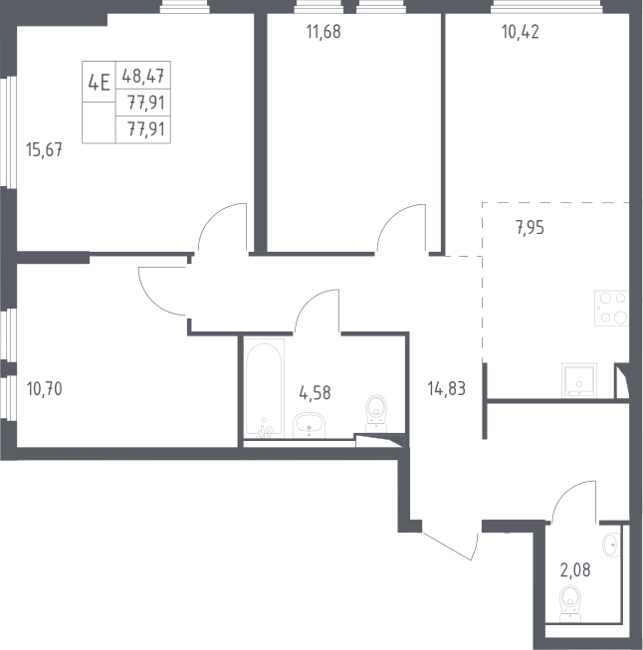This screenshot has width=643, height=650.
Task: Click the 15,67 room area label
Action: (x=44, y=149)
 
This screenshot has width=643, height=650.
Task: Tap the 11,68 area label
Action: (x=323, y=32)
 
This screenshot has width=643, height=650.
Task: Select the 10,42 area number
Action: (x=521, y=32)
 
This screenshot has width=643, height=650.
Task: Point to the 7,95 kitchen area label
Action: (x=530, y=228)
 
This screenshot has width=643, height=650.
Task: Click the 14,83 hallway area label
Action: (x=446, y=389)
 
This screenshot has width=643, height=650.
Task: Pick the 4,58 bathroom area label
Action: (x=315, y=393)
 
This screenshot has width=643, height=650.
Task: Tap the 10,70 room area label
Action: (x=44, y=389)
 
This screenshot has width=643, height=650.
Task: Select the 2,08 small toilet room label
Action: (x=575, y=570)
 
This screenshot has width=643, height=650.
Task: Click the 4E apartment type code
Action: (x=99, y=82)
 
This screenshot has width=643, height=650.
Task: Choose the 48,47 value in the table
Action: (x=143, y=77)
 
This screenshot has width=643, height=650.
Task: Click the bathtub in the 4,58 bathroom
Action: (x=264, y=388)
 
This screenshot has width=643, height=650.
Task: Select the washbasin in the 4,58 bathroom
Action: (x=309, y=425)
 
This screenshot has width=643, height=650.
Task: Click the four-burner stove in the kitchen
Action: (x=612, y=309)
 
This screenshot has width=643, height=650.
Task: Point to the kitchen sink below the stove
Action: (x=579, y=380)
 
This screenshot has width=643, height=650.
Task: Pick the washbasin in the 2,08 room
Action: (x=612, y=545)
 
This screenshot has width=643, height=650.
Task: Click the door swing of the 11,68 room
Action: (x=401, y=228)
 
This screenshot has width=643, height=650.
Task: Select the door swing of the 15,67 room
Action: (x=223, y=227)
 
